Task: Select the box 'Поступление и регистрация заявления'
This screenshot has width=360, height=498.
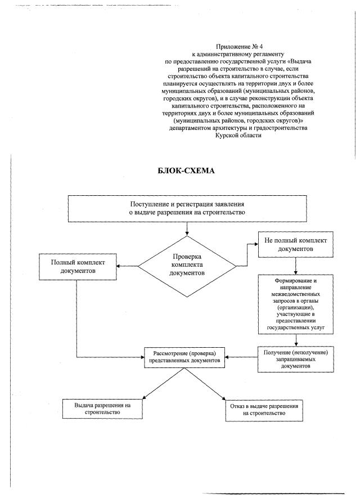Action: pyautogui.click(x=186, y=208)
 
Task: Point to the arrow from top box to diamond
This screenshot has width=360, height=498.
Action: pyautogui.click(x=186, y=228)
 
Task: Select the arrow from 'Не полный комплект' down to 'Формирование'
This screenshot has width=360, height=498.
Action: pyautogui.click(x=295, y=264)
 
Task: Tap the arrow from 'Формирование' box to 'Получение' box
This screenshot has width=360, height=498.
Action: pyautogui.click(x=295, y=338)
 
